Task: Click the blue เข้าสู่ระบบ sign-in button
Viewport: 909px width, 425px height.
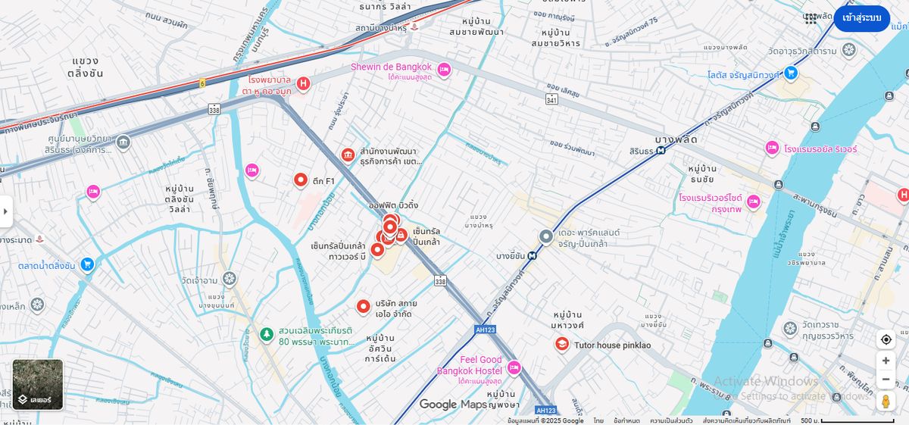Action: point(861,18)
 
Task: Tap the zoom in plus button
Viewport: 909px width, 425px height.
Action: point(886,361)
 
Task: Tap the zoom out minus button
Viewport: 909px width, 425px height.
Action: point(886,380)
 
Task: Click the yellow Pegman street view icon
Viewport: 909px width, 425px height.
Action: point(886,401)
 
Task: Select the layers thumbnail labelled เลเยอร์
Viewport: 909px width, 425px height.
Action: point(38,384)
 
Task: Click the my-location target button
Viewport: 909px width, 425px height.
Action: point(886,339)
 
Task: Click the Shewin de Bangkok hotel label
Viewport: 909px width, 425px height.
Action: point(391,67)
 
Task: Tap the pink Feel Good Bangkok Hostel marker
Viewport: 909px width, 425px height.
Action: point(514,368)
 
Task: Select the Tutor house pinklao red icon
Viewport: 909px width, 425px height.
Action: point(562,345)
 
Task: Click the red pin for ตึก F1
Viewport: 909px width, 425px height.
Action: point(301,180)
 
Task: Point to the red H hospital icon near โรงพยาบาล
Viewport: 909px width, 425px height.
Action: point(303,83)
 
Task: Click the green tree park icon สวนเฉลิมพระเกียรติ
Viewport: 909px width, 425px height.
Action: point(266,334)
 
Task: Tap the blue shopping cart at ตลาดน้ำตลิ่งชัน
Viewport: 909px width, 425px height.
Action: point(87,264)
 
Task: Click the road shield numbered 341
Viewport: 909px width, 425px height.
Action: point(551,99)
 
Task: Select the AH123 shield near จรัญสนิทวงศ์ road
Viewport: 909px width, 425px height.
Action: point(485,330)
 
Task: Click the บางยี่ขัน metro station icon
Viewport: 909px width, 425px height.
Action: point(533,256)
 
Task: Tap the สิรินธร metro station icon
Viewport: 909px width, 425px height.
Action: point(661,150)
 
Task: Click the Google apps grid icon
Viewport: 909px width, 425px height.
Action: point(811,18)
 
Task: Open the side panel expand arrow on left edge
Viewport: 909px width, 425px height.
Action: point(6,211)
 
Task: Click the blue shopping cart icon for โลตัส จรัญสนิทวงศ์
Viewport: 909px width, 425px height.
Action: point(791,73)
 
